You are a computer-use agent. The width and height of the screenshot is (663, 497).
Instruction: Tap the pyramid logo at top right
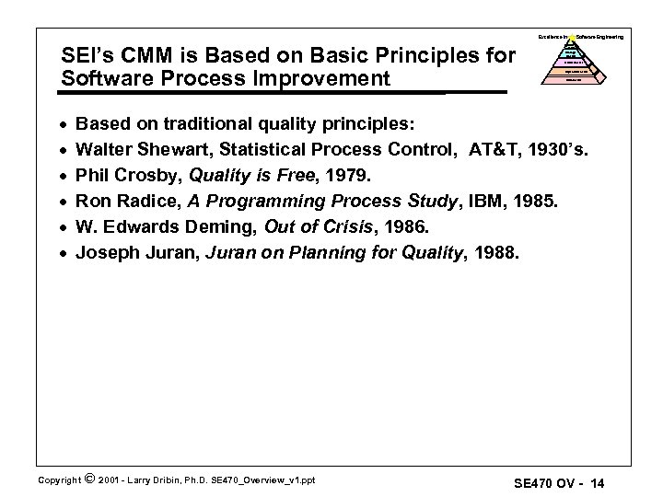[x=574, y=63]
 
